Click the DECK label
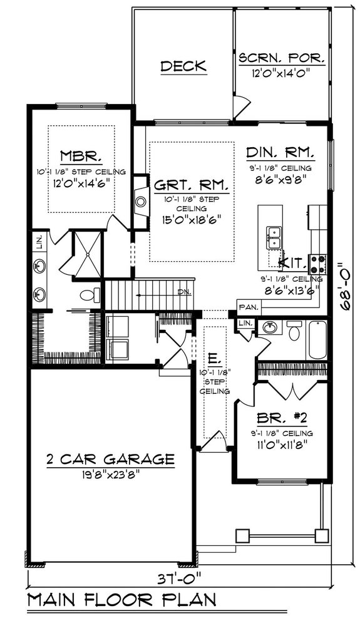click(x=183, y=66)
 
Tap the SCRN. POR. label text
click(x=282, y=59)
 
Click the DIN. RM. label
click(x=280, y=153)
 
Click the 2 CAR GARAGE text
click(x=110, y=459)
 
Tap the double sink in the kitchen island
click(x=274, y=235)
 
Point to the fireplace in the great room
click(x=140, y=202)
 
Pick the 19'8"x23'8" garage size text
click(x=110, y=474)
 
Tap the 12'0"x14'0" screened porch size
click(x=282, y=73)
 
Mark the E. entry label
click(x=213, y=359)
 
